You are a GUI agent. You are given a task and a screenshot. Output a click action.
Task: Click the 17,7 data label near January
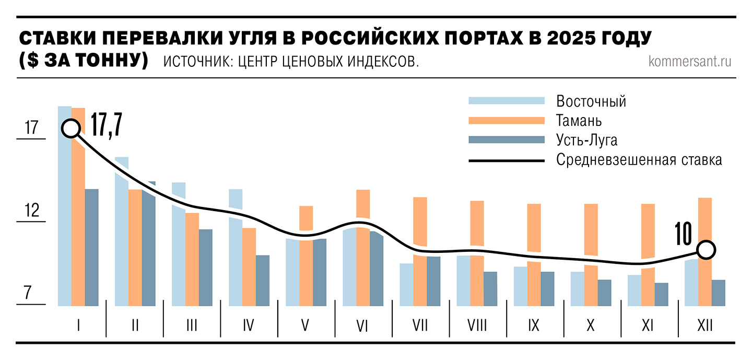tap(106, 124)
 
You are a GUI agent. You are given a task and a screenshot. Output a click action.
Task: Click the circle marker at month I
tap(71, 128)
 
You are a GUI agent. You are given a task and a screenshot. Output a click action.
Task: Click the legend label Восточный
tap(591, 101)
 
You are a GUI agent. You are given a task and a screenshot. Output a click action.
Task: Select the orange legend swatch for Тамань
tap(507, 121)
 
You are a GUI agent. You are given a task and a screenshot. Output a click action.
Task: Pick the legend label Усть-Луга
tap(586, 140)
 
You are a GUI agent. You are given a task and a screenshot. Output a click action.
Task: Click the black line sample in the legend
tap(507, 160)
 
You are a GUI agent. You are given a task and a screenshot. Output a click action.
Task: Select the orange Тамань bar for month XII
tap(705, 277)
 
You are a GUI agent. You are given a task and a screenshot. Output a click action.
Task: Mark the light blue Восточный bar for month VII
tap(406, 284)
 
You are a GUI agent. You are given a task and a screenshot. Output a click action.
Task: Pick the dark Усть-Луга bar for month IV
tap(263, 280)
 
